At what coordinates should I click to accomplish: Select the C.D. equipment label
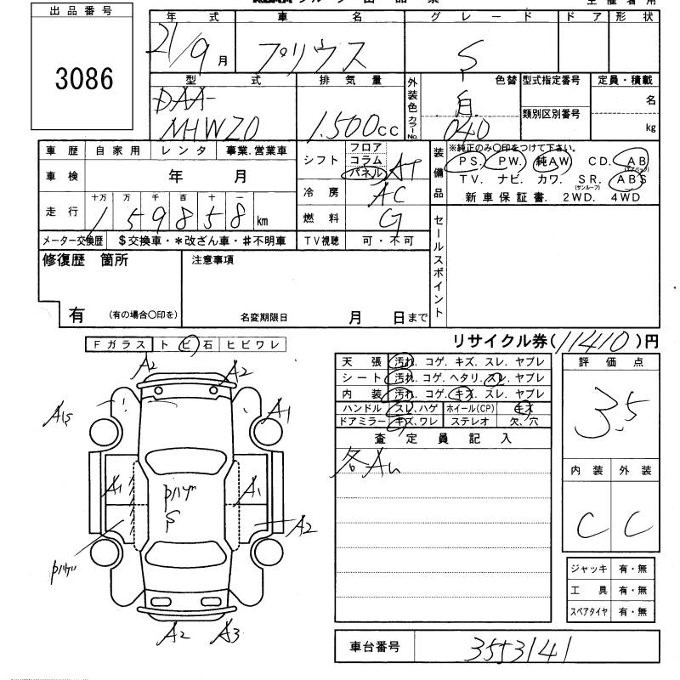[x=598, y=161]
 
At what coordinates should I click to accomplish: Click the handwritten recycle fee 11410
[x=596, y=341]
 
